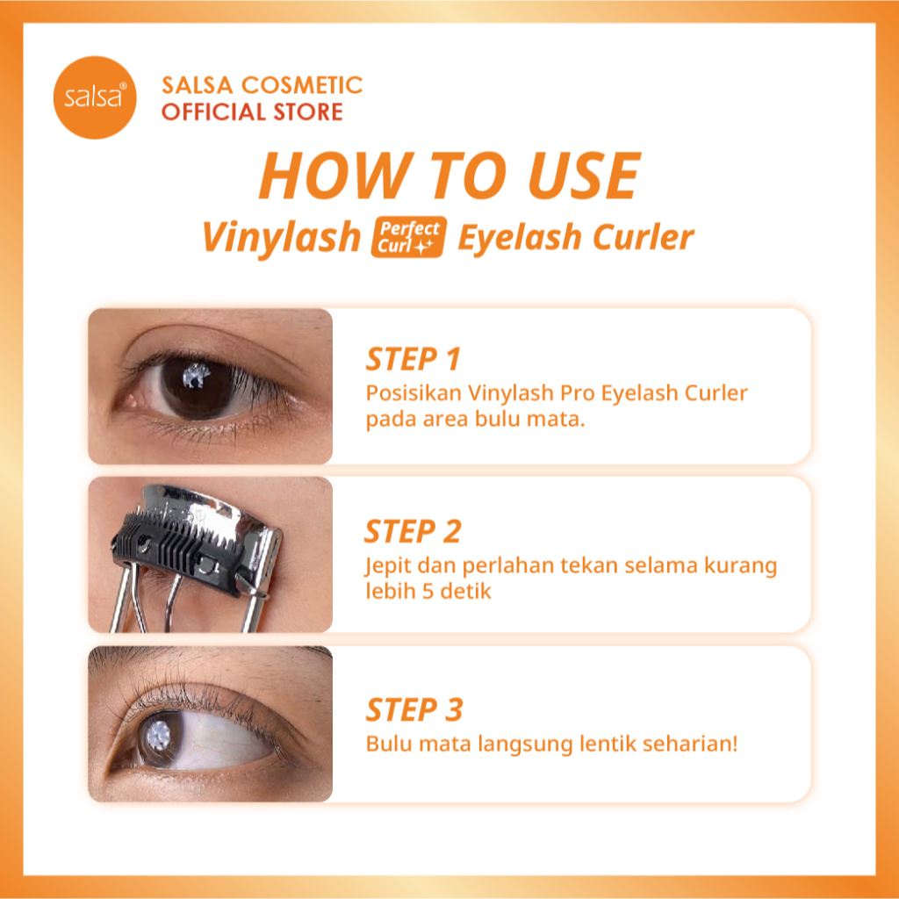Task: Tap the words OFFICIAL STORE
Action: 252,112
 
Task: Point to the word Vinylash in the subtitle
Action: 281,237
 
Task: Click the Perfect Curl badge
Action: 409,237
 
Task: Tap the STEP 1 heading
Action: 413,359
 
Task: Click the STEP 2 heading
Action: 413,531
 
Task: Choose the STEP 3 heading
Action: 413,709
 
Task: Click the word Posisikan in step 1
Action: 405,392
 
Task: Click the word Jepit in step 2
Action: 385,565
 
